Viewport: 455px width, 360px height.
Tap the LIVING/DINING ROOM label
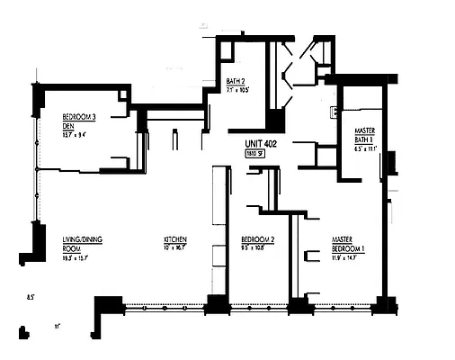click(82, 243)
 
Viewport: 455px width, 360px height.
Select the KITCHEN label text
click(174, 239)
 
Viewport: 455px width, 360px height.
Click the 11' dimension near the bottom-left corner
click(56, 327)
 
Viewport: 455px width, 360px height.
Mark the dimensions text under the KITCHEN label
click(174, 247)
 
